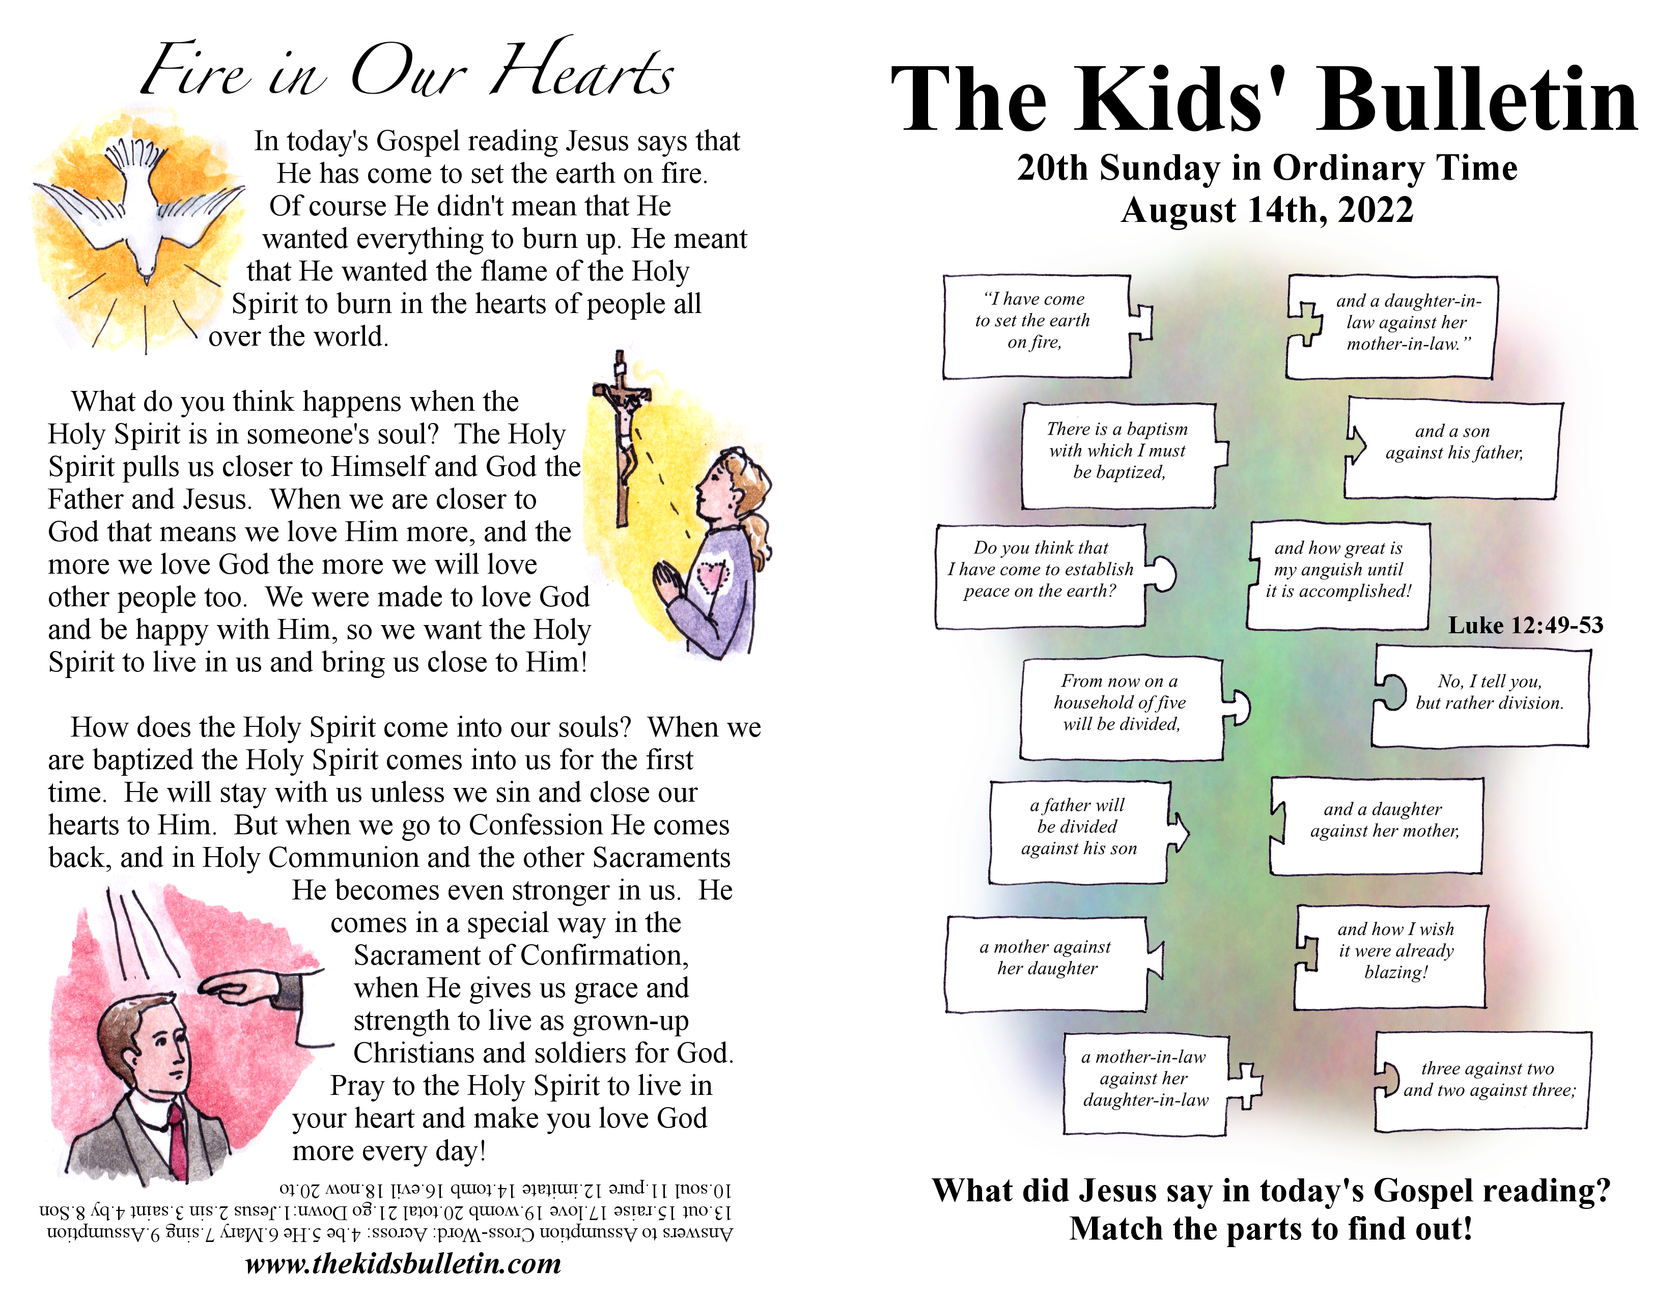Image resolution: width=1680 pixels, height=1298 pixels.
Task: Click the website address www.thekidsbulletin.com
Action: pos(403,1263)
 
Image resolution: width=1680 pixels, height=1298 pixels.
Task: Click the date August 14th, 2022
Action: pos(1267,210)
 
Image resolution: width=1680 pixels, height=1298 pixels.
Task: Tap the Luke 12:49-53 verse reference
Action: pos(1525,625)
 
